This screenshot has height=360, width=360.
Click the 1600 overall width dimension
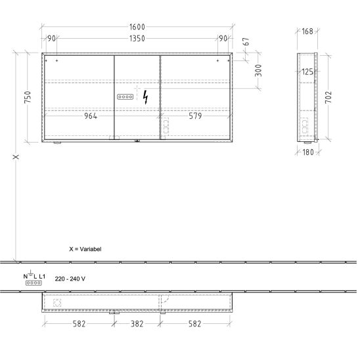point(137,27)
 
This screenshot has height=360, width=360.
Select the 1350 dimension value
point(137,38)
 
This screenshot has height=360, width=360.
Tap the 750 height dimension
point(28,97)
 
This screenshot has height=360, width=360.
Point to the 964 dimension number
point(91,116)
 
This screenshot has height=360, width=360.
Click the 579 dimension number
point(195,116)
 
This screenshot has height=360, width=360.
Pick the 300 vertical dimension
point(258,70)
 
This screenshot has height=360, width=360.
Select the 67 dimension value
point(246,41)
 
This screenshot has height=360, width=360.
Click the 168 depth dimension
point(307,32)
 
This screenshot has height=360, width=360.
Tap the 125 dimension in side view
point(307,72)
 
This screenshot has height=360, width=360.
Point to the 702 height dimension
point(328,97)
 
